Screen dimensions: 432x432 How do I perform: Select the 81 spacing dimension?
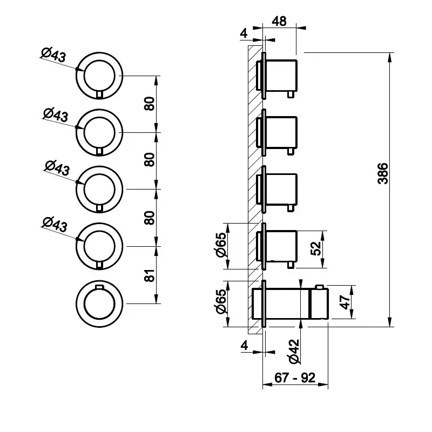150,275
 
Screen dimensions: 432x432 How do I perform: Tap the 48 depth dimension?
279,22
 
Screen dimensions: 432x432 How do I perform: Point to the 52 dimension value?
316,248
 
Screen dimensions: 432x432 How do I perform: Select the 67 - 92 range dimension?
294,377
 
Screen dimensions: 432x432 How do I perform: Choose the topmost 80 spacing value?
150,103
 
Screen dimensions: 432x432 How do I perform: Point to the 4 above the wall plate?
244,33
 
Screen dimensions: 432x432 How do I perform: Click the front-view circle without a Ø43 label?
100,303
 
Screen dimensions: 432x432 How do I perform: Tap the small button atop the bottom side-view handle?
320,286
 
